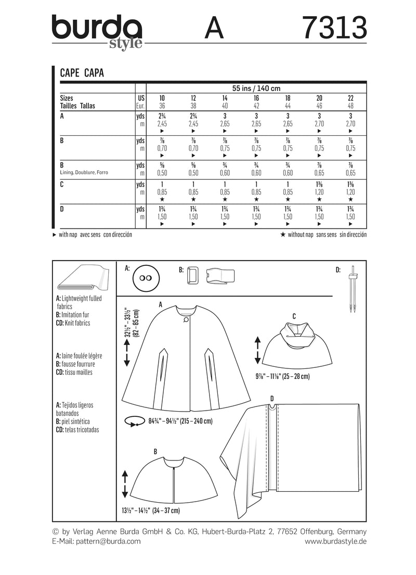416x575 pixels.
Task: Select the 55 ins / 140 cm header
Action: click(256, 88)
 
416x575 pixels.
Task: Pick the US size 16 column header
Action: click(256, 98)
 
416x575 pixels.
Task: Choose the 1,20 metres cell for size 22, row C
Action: click(351, 192)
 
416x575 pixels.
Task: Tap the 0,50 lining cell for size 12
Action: click(193, 172)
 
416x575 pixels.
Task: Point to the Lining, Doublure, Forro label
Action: click(85, 172)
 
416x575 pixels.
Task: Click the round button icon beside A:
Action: click(146, 282)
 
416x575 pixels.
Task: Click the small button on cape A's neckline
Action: click(185, 321)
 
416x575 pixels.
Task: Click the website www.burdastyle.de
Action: click(335, 541)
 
